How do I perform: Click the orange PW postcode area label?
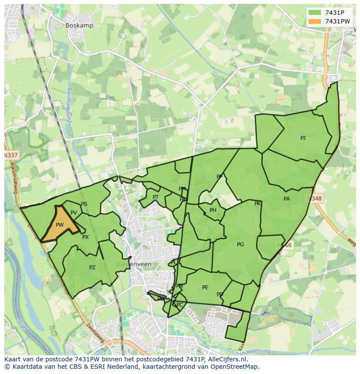click(x=60, y=225)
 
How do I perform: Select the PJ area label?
click(x=303, y=138)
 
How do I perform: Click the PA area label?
click(x=287, y=199)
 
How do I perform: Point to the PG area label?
click(x=240, y=245)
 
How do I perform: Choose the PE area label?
click(x=205, y=288)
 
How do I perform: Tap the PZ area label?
click(x=92, y=268)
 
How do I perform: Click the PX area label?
click(x=85, y=237)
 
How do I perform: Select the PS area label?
click(x=84, y=204)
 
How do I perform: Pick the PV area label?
click(x=73, y=212)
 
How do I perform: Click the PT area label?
click(x=156, y=197)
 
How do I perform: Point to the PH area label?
click(x=213, y=210)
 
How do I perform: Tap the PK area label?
click(x=257, y=204)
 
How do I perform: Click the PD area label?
click(x=220, y=295)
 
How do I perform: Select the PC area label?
click(x=180, y=305)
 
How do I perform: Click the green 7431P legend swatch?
click(x=314, y=13)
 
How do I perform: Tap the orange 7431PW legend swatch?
click(x=314, y=21)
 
